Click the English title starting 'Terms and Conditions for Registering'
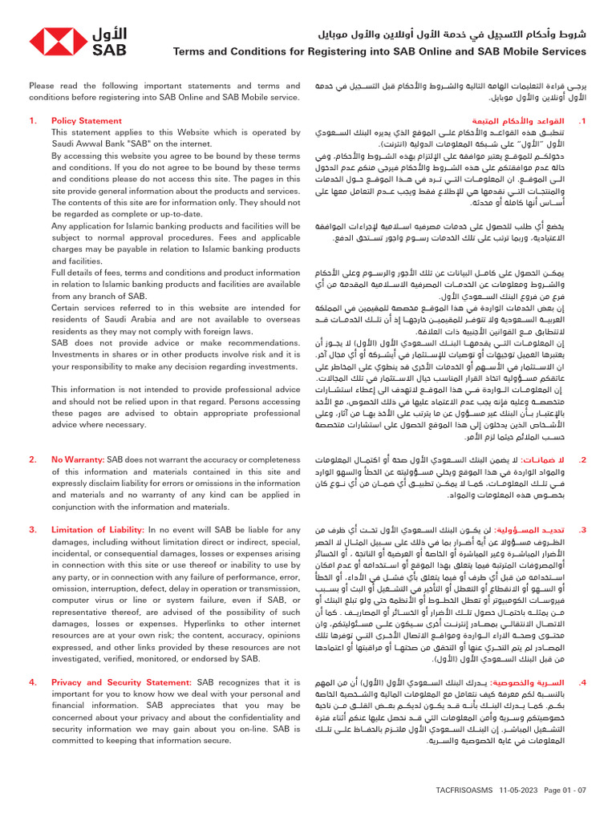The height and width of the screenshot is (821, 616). (x=379, y=52)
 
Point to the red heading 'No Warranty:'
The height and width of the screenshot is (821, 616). (x=78, y=459)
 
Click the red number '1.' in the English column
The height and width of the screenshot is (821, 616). (x=33, y=121)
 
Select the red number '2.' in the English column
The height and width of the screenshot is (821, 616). (x=33, y=459)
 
